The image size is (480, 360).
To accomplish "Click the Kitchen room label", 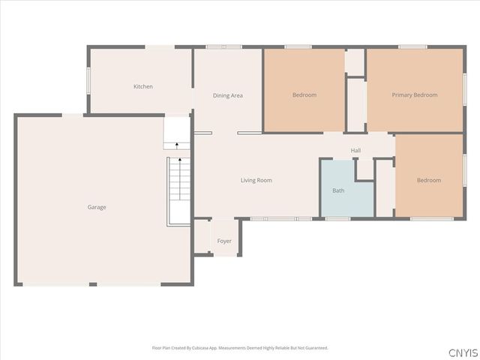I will click(143, 87).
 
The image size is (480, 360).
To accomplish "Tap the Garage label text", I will click(97, 207).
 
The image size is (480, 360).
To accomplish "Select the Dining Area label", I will click(228, 95).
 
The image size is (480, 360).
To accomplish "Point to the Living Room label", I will click(256, 180).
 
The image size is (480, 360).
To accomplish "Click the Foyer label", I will click(224, 241).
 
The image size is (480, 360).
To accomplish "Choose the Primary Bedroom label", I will click(414, 95).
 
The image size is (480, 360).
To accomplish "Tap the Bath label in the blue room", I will click(339, 190).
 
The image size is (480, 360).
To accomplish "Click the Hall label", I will click(355, 151).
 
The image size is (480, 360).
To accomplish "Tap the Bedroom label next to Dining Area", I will click(304, 95).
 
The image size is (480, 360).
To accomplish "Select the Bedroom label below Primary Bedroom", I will click(429, 180).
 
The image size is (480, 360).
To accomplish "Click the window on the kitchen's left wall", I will click(88, 81).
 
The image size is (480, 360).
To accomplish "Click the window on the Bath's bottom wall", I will click(337, 218).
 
